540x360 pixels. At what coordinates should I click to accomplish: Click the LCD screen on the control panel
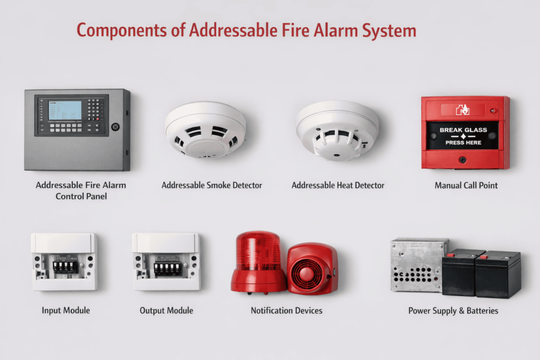[65, 110]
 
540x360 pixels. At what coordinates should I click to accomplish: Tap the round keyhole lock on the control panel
[115, 127]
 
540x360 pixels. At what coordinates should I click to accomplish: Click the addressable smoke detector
[206, 129]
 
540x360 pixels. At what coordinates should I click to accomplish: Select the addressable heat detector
[337, 130]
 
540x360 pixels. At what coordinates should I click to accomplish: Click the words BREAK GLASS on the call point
[463, 130]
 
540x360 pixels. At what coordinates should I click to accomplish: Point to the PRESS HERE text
[463, 142]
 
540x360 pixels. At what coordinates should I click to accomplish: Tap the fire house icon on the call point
[462, 109]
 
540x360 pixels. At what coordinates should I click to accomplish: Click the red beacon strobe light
[258, 261]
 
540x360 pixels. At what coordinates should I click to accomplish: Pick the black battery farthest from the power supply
[498, 274]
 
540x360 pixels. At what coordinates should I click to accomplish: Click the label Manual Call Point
[466, 186]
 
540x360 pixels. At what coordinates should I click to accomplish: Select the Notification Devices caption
[286, 310]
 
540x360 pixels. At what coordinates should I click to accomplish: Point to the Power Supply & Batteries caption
[453, 310]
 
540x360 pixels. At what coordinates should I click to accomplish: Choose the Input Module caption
[66, 310]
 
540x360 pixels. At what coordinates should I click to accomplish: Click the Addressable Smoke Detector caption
[211, 186]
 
